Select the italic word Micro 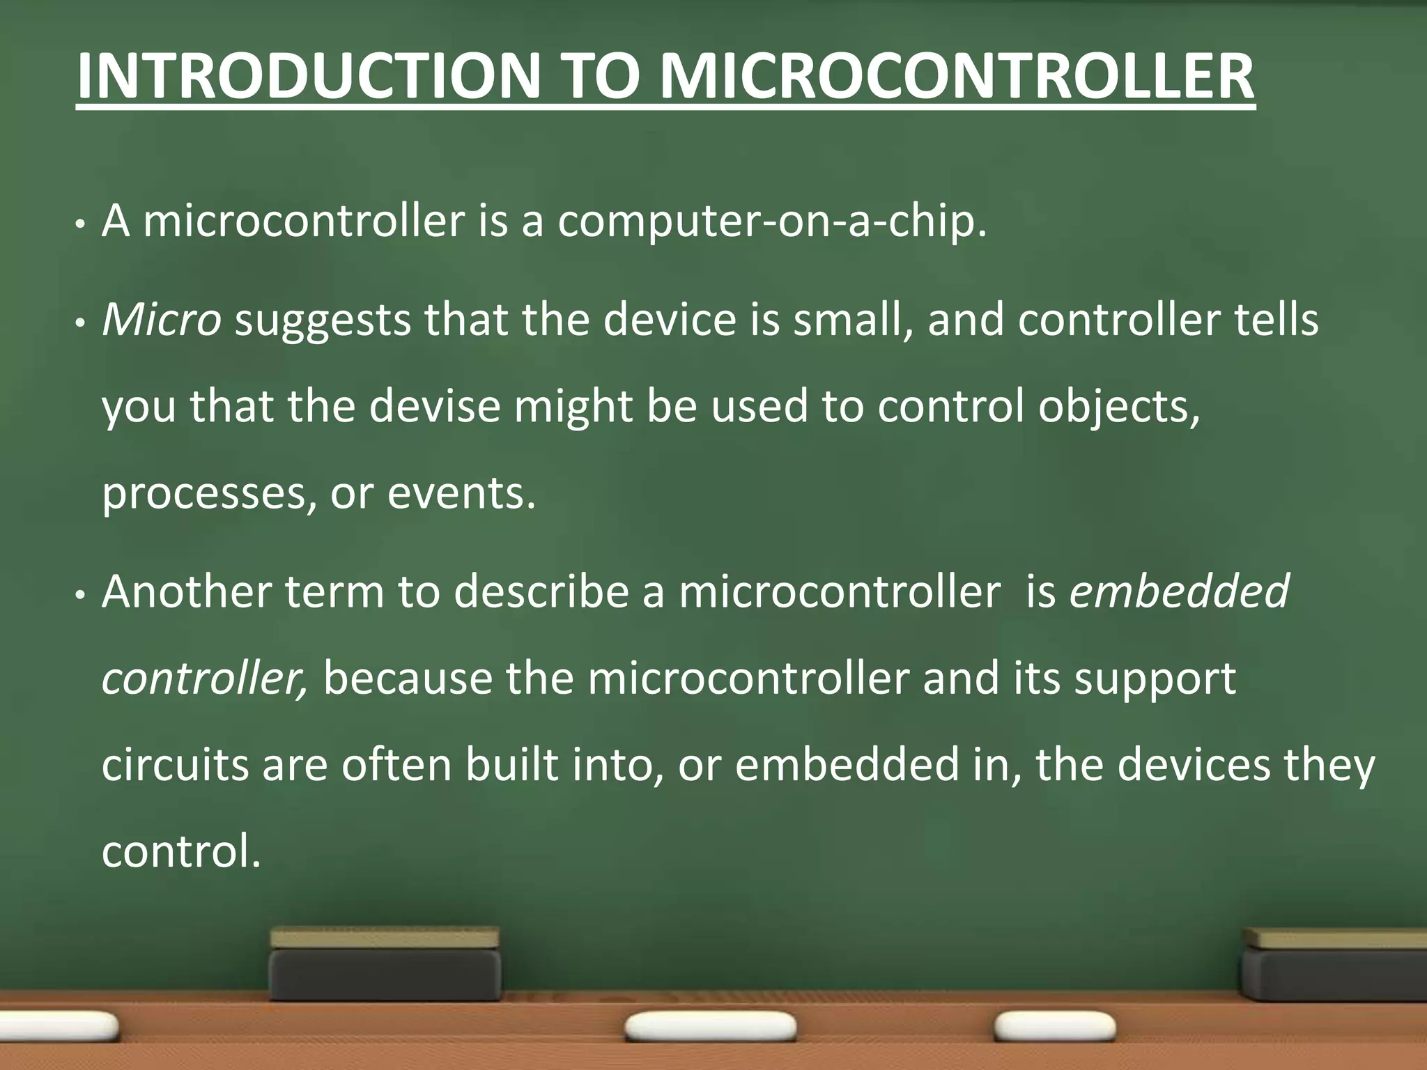[x=161, y=320]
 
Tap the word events [x=461, y=493]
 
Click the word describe [x=541, y=592]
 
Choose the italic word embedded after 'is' [x=1179, y=592]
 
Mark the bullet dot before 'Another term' [x=81, y=595]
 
